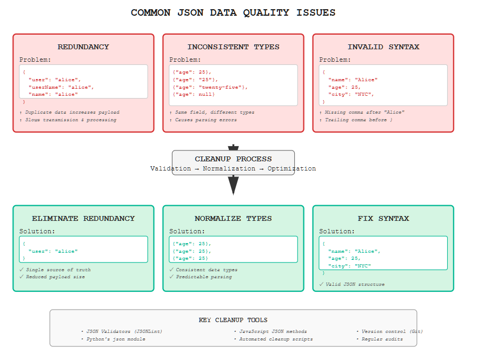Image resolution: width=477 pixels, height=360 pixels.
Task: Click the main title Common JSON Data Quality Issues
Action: click(233, 12)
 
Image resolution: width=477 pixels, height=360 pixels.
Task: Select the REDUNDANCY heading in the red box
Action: click(83, 47)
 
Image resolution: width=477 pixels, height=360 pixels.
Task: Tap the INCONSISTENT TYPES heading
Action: click(233, 47)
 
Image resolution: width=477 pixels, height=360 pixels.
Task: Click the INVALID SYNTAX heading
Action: click(383, 47)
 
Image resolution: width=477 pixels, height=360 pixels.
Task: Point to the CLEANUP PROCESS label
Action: click(233, 159)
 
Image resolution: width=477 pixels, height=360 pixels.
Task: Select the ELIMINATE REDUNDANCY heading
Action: click(83, 219)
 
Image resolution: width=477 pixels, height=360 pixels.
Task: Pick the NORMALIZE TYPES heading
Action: click(233, 219)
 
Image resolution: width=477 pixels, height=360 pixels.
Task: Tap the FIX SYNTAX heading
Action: click(383, 219)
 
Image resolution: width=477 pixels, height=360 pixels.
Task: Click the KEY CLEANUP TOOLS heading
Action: click(233, 320)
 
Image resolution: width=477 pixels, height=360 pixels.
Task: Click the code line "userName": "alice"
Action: click(61, 87)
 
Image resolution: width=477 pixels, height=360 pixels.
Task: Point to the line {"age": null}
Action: click(194, 94)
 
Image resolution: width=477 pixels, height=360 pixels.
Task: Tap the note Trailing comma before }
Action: click(359, 120)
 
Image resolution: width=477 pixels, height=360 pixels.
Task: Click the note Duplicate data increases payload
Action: click(72, 112)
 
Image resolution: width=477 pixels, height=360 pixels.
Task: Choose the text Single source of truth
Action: click(58, 270)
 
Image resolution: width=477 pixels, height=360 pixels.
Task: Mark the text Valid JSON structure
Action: click(355, 284)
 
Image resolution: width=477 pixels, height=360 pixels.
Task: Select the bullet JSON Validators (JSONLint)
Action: click(124, 331)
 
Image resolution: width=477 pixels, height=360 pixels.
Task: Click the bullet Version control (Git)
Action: click(392, 331)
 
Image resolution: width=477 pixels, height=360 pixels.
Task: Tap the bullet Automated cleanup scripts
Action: click(276, 339)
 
